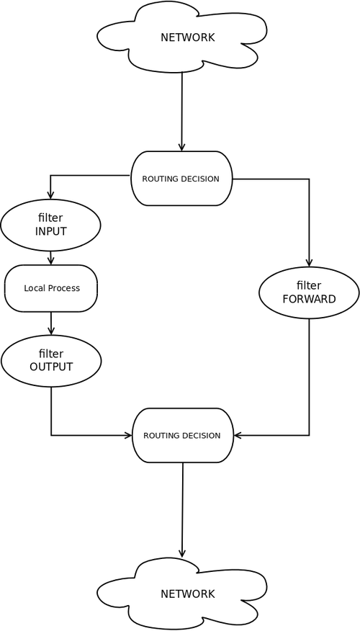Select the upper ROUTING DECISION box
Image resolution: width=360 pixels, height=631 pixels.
(x=181, y=178)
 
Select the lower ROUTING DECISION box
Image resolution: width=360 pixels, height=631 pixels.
(x=183, y=435)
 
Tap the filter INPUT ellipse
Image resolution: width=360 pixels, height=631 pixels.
(x=50, y=225)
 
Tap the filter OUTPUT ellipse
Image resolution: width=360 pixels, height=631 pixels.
(x=51, y=360)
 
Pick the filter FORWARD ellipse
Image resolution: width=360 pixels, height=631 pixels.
(x=309, y=292)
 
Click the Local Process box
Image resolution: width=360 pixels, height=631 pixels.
(x=51, y=288)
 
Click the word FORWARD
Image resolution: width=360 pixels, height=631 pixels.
(x=309, y=299)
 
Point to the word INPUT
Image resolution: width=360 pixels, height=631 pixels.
(x=50, y=232)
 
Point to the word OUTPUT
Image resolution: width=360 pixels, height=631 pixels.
(x=51, y=367)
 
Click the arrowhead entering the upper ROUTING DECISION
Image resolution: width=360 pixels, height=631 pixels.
(x=181, y=146)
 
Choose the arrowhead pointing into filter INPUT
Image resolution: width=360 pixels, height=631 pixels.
(x=50, y=194)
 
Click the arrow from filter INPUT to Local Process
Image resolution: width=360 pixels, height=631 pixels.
(x=50, y=258)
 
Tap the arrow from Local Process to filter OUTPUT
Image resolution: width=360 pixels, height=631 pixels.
(x=50, y=323)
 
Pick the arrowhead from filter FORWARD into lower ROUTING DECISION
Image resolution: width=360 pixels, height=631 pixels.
(x=238, y=435)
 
